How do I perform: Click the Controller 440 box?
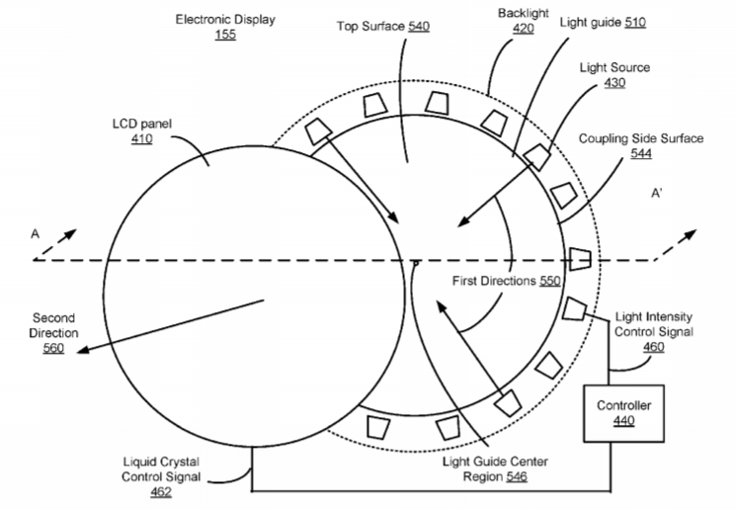click(x=623, y=413)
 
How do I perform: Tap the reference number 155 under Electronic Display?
click(x=225, y=35)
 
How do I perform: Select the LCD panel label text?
click(x=141, y=124)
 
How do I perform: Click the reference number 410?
click(x=141, y=139)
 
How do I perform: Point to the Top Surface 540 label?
click(x=383, y=27)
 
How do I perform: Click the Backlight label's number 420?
click(x=523, y=29)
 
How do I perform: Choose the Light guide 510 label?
click(x=603, y=22)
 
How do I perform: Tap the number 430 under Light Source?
click(x=614, y=83)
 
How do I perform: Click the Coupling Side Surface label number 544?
click(x=641, y=153)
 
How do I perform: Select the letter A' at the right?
click(x=656, y=193)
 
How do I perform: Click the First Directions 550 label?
click(x=506, y=281)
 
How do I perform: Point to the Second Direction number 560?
click(x=53, y=348)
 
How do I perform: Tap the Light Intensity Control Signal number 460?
click(x=653, y=347)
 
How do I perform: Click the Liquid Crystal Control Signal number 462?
click(x=161, y=492)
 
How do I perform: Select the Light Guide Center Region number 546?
click(x=517, y=477)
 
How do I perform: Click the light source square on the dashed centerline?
click(x=580, y=259)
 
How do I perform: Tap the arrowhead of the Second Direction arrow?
click(x=82, y=349)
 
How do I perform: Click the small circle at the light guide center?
click(x=415, y=264)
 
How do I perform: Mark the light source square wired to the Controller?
click(x=574, y=308)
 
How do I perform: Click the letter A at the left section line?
click(x=36, y=233)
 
